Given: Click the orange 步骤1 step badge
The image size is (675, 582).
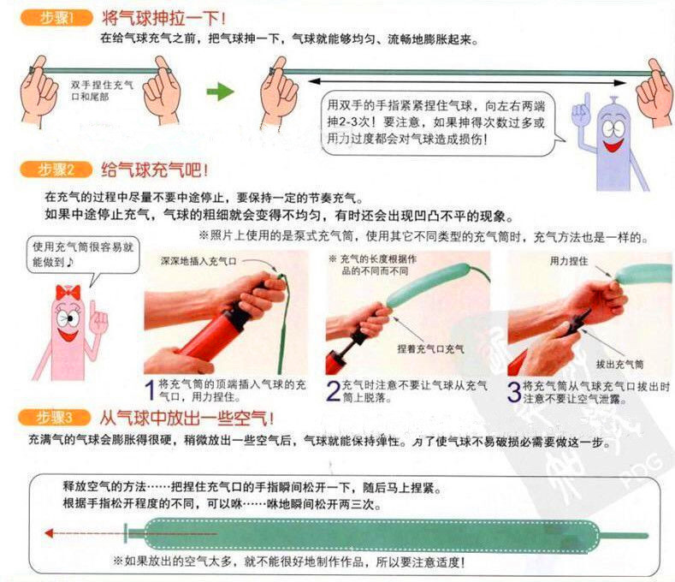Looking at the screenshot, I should click(x=59, y=16).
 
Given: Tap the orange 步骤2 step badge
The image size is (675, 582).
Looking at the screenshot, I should click(x=59, y=169).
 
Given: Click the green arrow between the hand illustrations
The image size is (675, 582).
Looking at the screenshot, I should click(x=220, y=91).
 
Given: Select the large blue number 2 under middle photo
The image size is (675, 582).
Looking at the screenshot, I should click(x=333, y=391).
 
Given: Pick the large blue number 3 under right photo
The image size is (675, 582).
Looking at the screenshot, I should click(x=514, y=391).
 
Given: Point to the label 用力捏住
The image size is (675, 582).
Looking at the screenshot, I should click(x=568, y=259).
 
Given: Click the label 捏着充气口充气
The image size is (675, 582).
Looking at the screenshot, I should click(x=431, y=348).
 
